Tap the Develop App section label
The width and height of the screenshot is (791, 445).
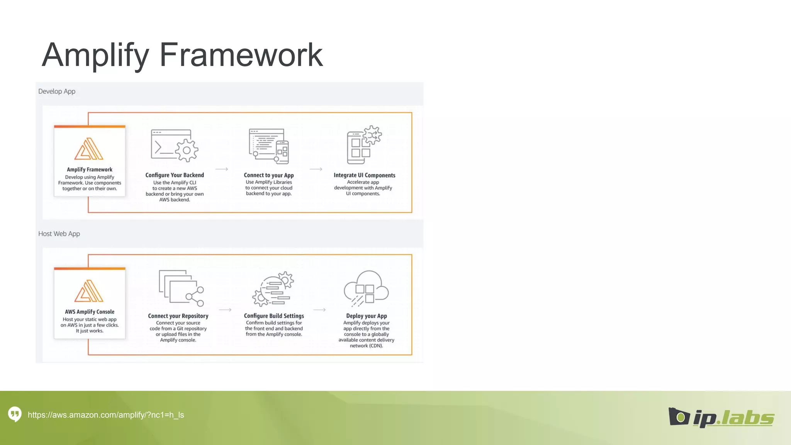pyautogui.click(x=57, y=92)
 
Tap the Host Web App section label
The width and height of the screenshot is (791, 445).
pyautogui.click(x=59, y=234)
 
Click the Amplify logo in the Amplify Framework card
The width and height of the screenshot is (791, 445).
pyautogui.click(x=89, y=149)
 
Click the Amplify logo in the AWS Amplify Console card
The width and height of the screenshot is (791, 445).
pyautogui.click(x=89, y=291)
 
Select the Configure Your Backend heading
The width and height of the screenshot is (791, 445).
pyautogui.click(x=175, y=175)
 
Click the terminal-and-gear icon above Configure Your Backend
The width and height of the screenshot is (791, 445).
pyautogui.click(x=175, y=146)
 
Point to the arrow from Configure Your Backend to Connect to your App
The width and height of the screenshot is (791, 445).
pyautogui.click(x=222, y=169)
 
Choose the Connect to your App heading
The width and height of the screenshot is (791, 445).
pyautogui.click(x=269, y=175)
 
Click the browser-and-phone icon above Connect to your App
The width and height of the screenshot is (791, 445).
pyautogui.click(x=269, y=146)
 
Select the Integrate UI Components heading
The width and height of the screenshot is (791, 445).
pyautogui.click(x=364, y=175)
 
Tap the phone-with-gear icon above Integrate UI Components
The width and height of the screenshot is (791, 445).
pyautogui.click(x=363, y=145)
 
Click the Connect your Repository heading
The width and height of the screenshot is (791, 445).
pyautogui.click(x=178, y=316)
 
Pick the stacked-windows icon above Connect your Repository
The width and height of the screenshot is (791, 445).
pyautogui.click(x=181, y=288)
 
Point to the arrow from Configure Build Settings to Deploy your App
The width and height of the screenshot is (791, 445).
pyautogui.click(x=319, y=310)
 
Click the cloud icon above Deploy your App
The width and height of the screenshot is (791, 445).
pyautogui.click(x=366, y=288)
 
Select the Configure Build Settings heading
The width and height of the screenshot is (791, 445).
pyautogui.click(x=274, y=316)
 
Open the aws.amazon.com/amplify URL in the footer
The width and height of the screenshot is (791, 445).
pyautogui.click(x=106, y=415)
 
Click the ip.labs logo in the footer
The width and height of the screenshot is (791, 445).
pyautogui.click(x=721, y=418)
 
